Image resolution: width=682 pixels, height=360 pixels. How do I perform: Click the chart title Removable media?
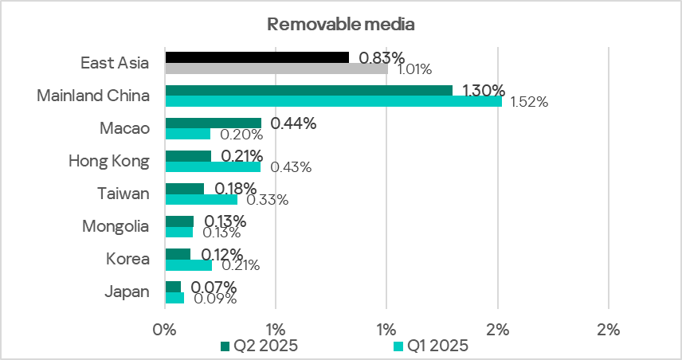click(341, 24)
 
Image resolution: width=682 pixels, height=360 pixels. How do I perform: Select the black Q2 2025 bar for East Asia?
click(257, 57)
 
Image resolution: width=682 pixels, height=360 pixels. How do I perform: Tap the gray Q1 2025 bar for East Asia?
click(276, 68)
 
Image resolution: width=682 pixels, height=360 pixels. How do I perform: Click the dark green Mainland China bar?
click(308, 90)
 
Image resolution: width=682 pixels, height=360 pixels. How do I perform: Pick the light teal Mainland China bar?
click(333, 101)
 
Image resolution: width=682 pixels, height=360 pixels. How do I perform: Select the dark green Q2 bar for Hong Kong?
click(188, 155)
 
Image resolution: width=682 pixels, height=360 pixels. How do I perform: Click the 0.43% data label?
click(291, 167)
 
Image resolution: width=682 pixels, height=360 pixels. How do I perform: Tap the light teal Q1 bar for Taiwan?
click(201, 199)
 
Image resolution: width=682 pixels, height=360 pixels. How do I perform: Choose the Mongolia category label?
click(116, 226)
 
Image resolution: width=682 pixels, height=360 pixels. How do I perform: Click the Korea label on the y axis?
click(127, 259)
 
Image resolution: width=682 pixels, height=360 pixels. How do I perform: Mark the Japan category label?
click(127, 292)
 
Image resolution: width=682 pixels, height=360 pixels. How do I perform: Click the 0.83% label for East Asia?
click(382, 57)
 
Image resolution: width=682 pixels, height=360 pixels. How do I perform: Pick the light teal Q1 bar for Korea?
click(188, 264)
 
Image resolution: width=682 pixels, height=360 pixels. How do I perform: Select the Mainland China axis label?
click(93, 96)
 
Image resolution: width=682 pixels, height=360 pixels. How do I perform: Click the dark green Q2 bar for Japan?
click(173, 286)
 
